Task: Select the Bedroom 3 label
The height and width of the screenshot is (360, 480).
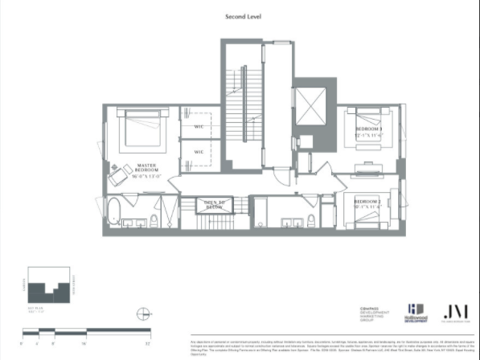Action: (369, 132)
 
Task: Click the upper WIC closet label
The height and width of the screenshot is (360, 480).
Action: (199, 127)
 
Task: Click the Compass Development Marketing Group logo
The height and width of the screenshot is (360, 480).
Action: (375, 314)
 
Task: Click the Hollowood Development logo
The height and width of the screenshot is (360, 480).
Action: (416, 312)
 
